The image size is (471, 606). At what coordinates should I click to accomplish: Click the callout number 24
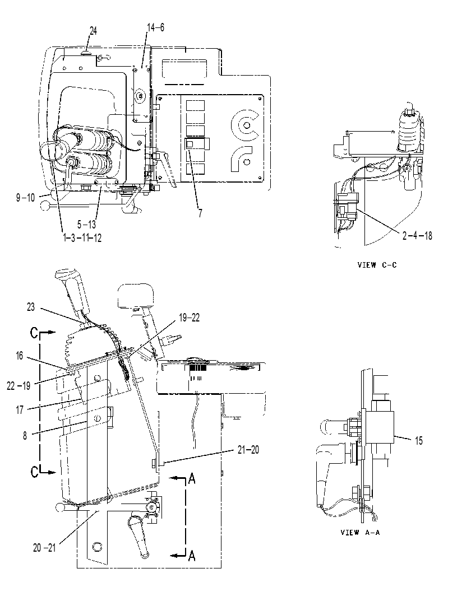click(x=93, y=31)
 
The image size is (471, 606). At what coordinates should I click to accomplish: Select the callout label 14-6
click(x=155, y=27)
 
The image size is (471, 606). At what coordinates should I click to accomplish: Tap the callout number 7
click(x=200, y=213)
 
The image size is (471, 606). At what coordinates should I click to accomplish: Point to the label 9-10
click(x=26, y=198)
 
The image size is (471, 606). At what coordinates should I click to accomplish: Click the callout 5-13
click(x=86, y=224)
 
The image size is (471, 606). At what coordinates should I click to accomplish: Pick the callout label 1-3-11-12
click(x=82, y=237)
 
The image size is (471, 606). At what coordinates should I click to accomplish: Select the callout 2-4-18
click(x=417, y=235)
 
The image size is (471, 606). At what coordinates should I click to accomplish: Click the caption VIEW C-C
click(x=377, y=265)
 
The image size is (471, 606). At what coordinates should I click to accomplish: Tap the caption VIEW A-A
click(x=360, y=533)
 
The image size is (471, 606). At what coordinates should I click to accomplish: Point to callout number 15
click(x=419, y=441)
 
